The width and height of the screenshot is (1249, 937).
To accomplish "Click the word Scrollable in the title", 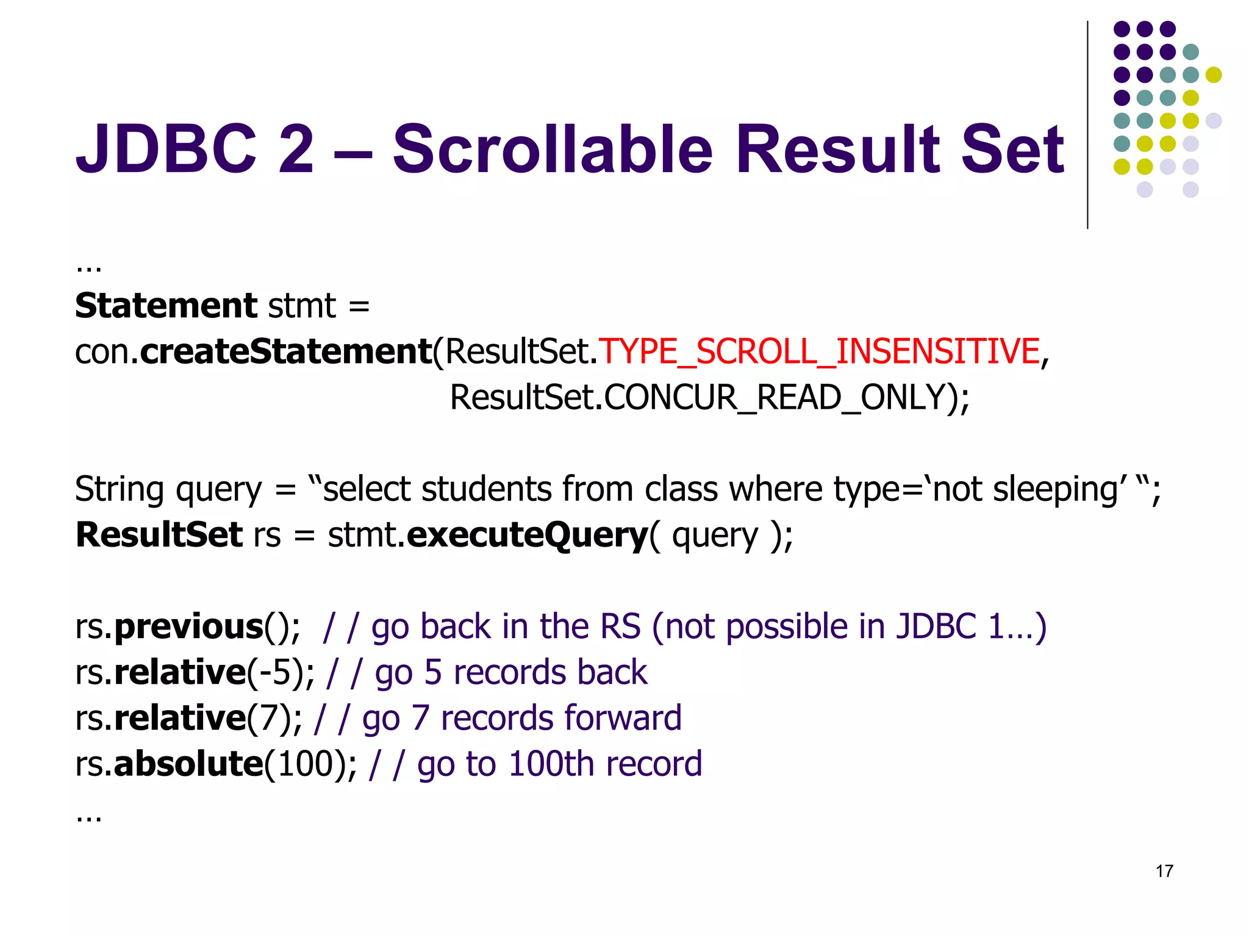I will (552, 149).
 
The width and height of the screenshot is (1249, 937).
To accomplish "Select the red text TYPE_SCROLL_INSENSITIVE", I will (819, 351).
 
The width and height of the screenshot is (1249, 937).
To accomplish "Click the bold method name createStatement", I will (286, 352).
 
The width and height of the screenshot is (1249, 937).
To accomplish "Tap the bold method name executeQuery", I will (527, 535).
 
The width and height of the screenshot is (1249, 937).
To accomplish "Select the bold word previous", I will (188, 627).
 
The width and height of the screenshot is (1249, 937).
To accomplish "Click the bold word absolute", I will (188, 764).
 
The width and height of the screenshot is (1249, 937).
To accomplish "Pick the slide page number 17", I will (1164, 871).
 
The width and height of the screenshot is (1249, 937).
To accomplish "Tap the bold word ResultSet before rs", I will (159, 535).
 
